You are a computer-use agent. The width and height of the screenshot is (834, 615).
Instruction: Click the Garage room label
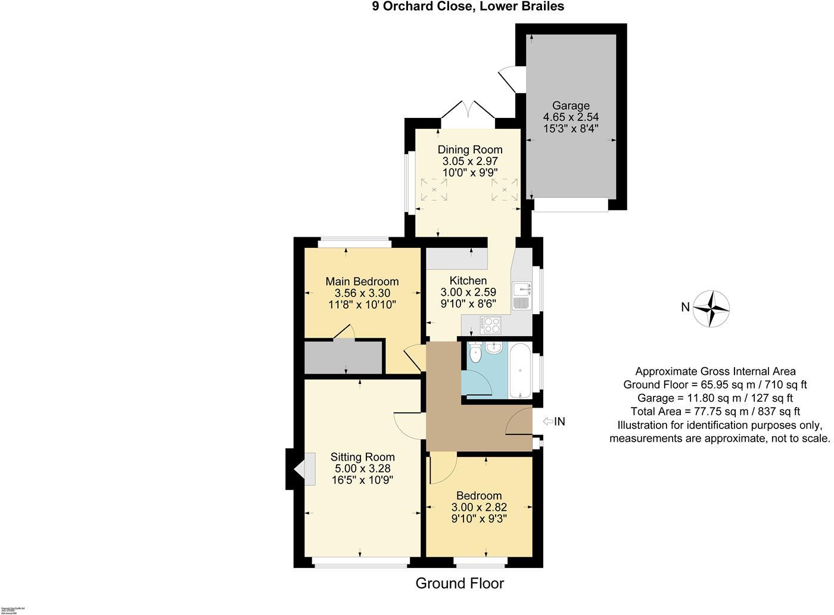(x=570, y=106)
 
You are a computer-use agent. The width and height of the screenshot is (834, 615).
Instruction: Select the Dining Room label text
(x=470, y=150)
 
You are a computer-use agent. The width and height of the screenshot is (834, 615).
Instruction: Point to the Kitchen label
(x=468, y=281)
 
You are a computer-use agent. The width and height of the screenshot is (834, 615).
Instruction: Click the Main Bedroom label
(x=362, y=281)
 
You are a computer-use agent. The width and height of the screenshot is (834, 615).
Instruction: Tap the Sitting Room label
(x=362, y=457)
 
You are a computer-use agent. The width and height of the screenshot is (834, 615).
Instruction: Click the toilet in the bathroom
(x=475, y=354)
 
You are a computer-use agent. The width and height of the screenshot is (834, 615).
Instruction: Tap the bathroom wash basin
(x=494, y=347)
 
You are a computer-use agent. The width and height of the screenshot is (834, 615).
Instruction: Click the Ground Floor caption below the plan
(x=459, y=583)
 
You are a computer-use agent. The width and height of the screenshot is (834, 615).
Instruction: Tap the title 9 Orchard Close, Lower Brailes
(x=468, y=7)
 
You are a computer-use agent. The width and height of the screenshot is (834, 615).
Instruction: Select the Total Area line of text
(x=715, y=412)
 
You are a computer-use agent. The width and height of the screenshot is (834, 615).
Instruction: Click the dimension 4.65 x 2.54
(x=570, y=117)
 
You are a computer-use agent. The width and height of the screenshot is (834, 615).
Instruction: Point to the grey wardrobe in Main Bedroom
(x=343, y=357)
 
